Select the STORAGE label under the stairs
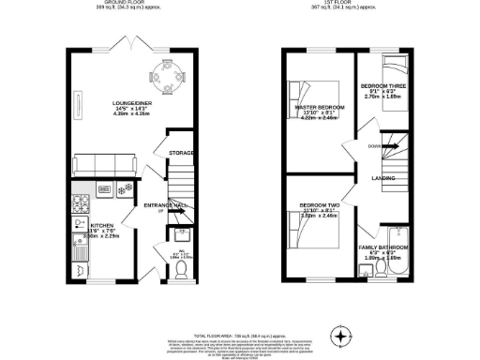tap(181, 153)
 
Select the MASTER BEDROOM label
tap(320, 108)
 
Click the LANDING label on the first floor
tap(383, 177)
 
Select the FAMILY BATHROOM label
tap(382, 247)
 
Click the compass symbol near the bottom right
tap(340, 335)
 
